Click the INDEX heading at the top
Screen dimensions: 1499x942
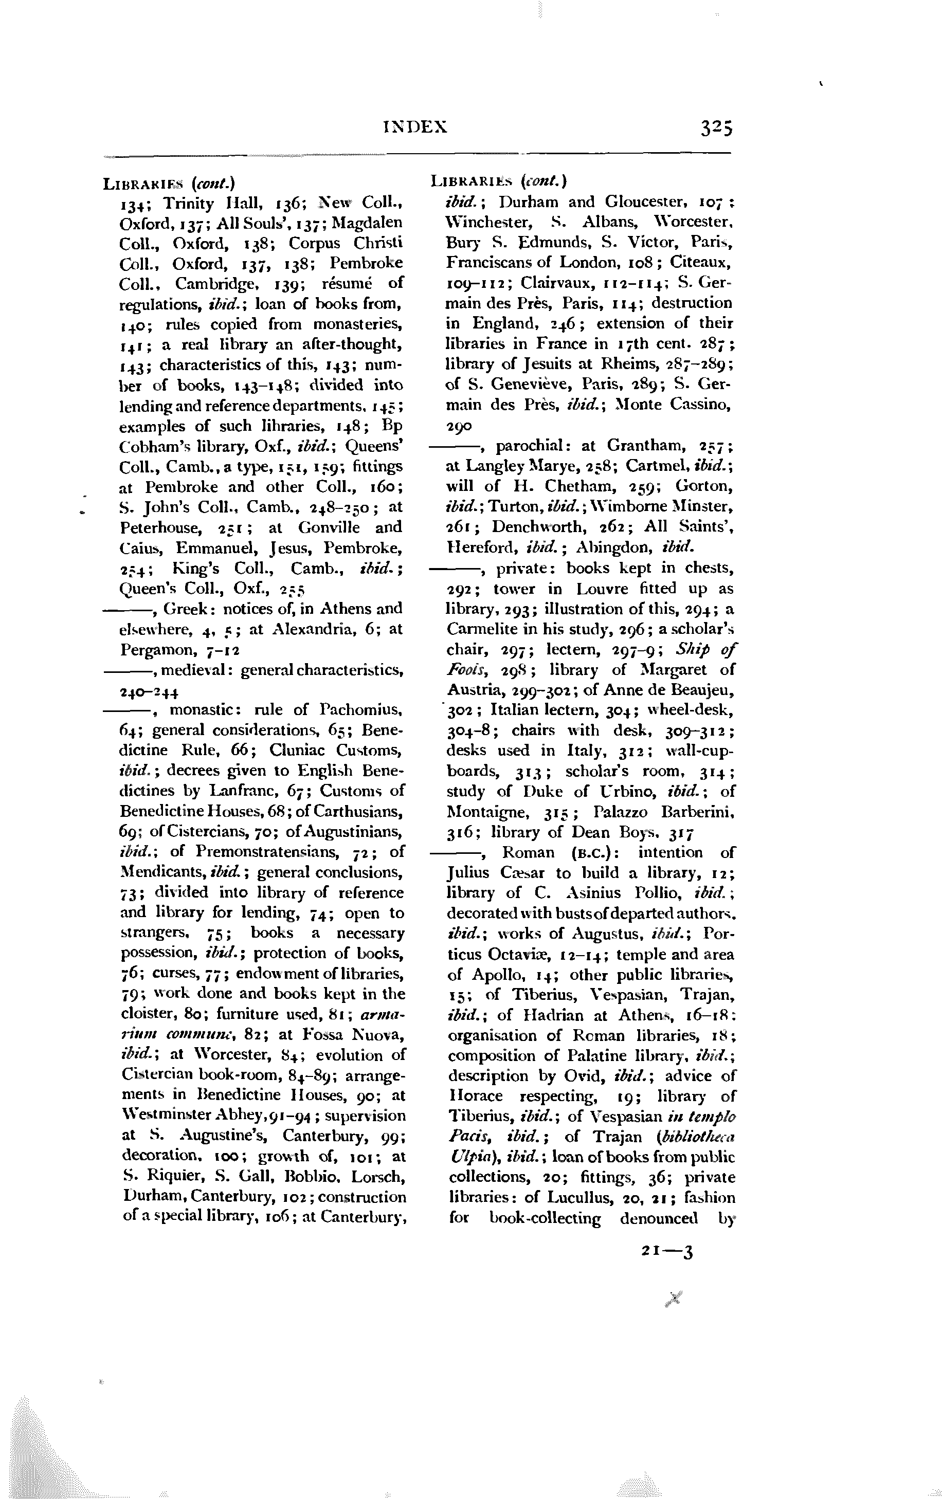point(415,127)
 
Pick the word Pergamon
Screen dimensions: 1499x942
point(158,650)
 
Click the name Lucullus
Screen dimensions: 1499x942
point(568,1198)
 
